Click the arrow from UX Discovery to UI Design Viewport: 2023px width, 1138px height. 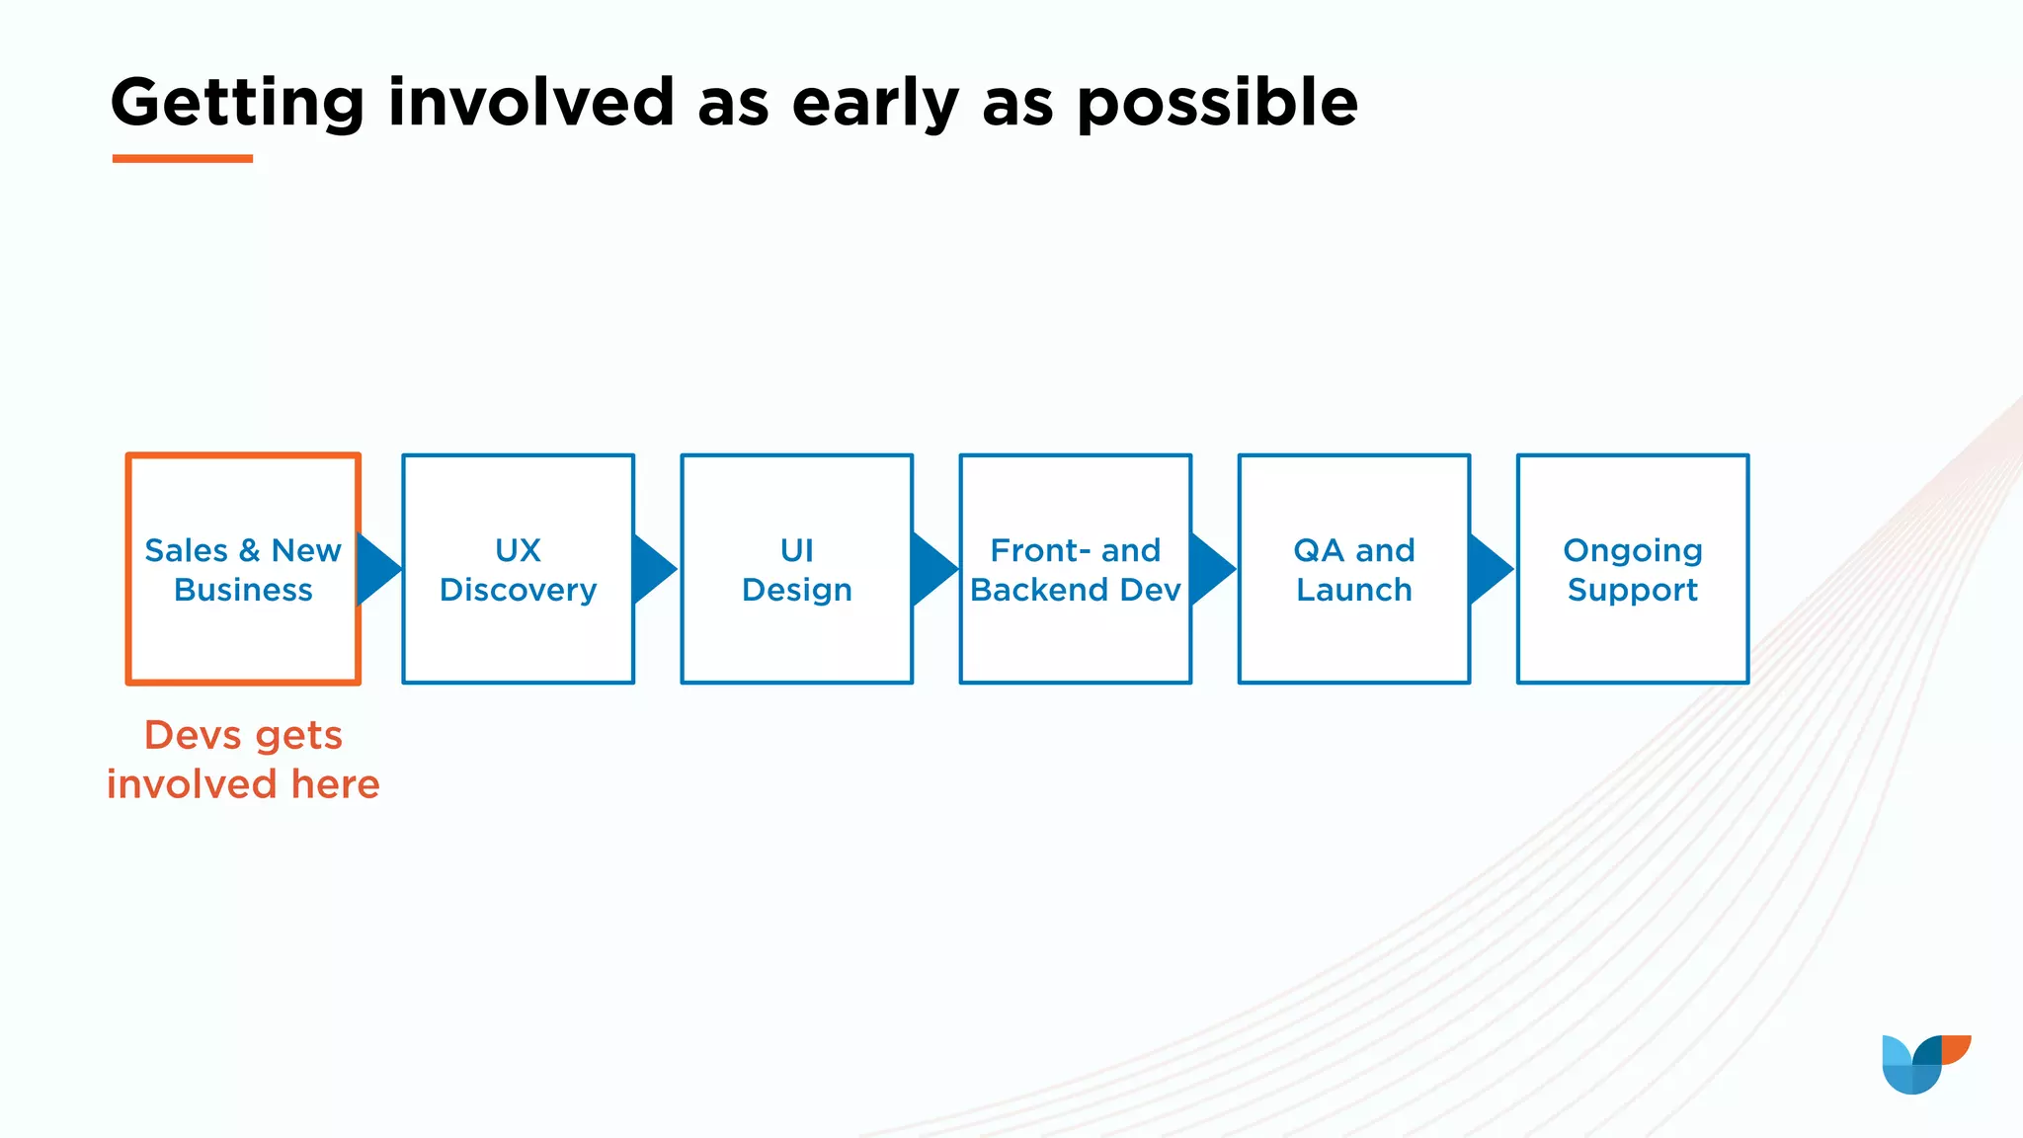click(654, 569)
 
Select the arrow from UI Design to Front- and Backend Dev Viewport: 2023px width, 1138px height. click(933, 569)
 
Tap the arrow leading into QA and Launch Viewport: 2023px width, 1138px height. click(1212, 569)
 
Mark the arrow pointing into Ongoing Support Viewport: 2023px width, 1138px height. click(1491, 569)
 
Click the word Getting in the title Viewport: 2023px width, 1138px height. click(237, 103)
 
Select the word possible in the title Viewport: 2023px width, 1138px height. click(1217, 103)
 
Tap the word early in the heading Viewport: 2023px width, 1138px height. click(875, 103)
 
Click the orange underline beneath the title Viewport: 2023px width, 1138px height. click(183, 158)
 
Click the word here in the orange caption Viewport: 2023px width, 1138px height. click(335, 784)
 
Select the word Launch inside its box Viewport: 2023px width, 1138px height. click(1353, 590)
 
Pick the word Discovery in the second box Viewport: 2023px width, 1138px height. click(518, 590)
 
